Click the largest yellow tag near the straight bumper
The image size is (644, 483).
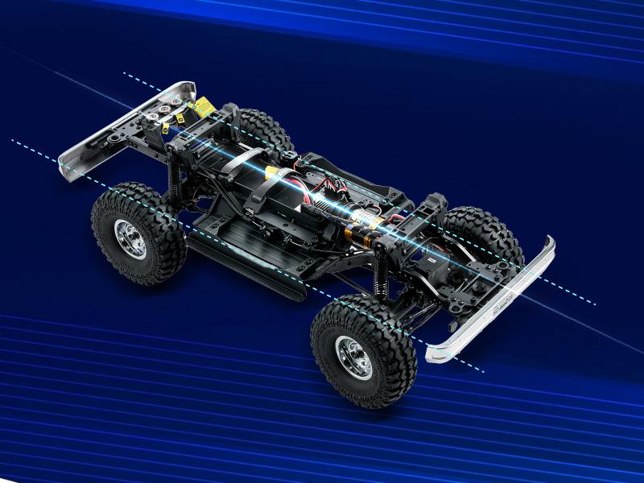coord(203,105)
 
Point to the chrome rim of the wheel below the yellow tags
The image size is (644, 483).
coord(130,239)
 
